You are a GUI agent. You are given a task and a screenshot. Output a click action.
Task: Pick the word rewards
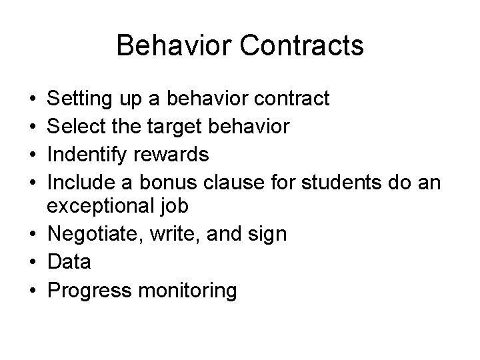click(171, 155)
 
